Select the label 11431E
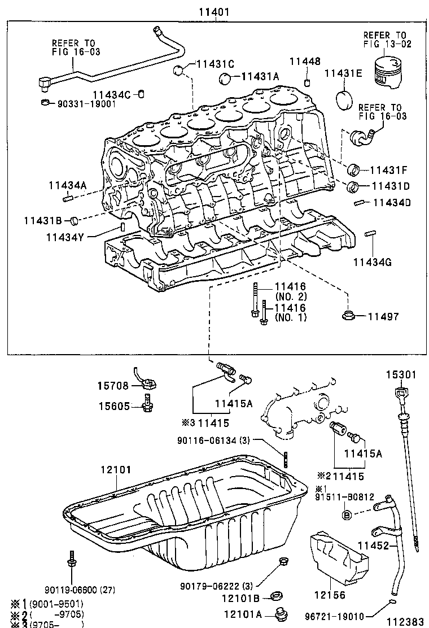click(x=343, y=73)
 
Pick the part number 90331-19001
click(x=85, y=104)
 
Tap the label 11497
click(x=383, y=317)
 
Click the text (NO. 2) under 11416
click(x=290, y=296)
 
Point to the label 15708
click(x=112, y=386)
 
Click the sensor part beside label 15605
click(x=148, y=405)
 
